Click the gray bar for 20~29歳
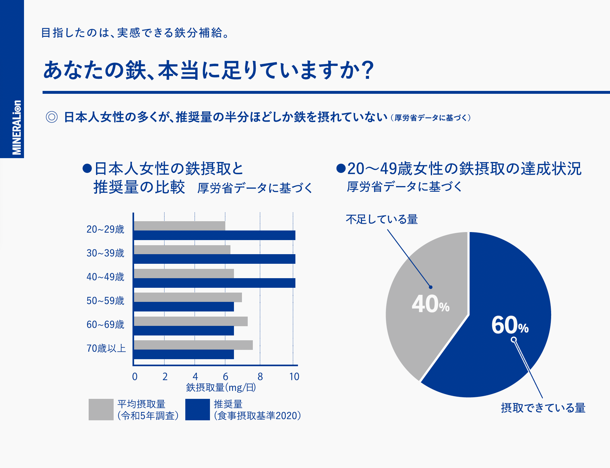tap(180, 226)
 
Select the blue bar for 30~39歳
tap(214, 259)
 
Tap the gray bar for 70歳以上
tap(193, 345)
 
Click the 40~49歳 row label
tap(105, 277)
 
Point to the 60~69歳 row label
tap(105, 324)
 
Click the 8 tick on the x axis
tap(260, 376)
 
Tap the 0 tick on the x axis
tap(135, 376)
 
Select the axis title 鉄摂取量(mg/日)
tap(221, 388)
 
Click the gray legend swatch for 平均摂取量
tap(101, 409)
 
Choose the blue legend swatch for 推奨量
tap(197, 409)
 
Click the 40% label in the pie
tap(430, 304)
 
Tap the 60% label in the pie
tap(510, 325)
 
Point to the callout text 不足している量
tap(382, 219)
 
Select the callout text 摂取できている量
tap(543, 408)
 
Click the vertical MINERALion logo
tap(17, 127)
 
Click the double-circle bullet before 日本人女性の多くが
tap(52, 117)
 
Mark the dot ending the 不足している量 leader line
tap(430, 287)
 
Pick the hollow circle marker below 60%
tap(513, 340)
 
